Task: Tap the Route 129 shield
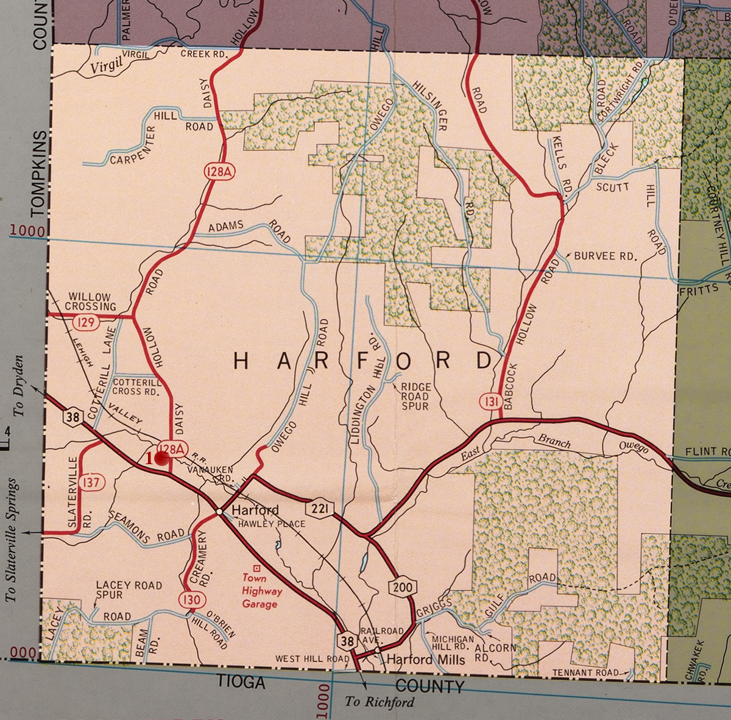[x=87, y=322]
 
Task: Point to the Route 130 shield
[x=190, y=599]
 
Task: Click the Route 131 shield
[x=490, y=401]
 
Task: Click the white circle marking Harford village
[x=219, y=510]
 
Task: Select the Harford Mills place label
[x=426, y=660]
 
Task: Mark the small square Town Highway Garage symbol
[x=257, y=568]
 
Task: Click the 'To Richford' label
[x=380, y=702]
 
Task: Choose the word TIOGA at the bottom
[x=242, y=683]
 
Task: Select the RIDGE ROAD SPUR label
[x=415, y=397]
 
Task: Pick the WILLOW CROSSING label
[x=90, y=302]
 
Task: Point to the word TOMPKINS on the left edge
[x=38, y=174]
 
